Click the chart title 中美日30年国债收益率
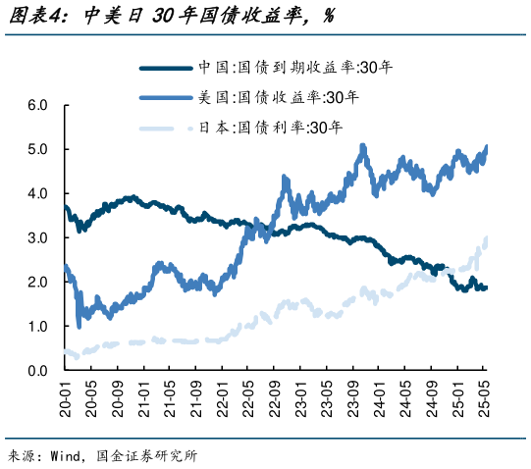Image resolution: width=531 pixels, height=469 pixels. coord(186,16)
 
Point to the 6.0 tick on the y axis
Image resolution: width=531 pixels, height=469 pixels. coord(38,105)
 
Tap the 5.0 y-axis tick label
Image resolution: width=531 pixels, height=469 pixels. coord(38,149)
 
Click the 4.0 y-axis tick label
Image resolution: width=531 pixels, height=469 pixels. coord(38,193)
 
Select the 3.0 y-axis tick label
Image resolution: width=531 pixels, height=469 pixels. coord(38,237)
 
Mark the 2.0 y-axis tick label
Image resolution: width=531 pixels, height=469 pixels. coord(38,282)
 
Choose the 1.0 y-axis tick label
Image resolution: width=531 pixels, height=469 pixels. coord(38,326)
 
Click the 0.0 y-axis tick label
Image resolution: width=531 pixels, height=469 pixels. coord(38,370)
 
